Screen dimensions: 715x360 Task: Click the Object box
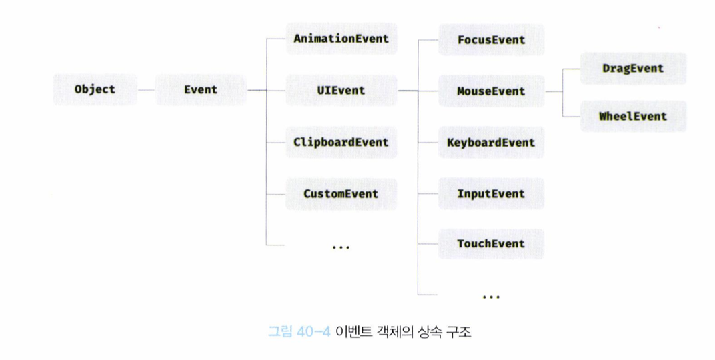(95, 89)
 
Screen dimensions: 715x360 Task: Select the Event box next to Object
(201, 89)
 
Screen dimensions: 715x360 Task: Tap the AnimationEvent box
(341, 39)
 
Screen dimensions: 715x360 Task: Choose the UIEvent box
(341, 90)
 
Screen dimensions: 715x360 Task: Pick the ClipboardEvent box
(341, 142)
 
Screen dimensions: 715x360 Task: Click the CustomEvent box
(341, 194)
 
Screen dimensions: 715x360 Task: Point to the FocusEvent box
(491, 40)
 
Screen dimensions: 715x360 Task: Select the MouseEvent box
(491, 91)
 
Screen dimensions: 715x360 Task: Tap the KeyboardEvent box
(491, 143)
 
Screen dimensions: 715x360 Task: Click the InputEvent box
(491, 194)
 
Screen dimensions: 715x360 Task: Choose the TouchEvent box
(491, 244)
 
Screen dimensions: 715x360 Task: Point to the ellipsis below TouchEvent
(491, 296)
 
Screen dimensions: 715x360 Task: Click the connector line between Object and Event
(146, 89)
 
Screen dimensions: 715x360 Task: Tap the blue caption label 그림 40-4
(298, 331)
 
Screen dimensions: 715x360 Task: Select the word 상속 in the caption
(428, 331)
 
